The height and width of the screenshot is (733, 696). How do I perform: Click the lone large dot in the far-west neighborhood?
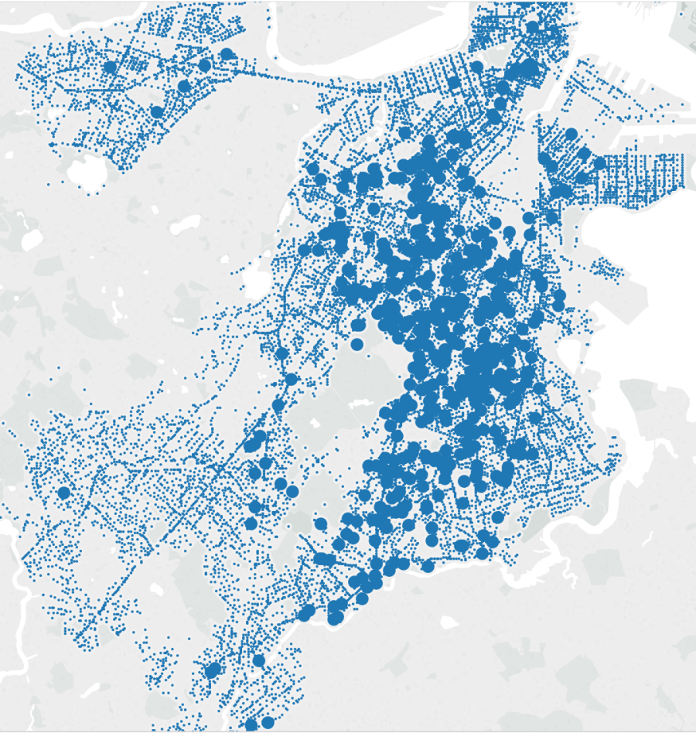click(x=63, y=493)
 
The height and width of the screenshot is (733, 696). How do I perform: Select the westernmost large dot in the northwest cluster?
click(x=109, y=67)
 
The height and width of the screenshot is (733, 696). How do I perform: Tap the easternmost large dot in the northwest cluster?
click(x=227, y=54)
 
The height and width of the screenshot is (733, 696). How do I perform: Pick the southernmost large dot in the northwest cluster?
click(x=157, y=112)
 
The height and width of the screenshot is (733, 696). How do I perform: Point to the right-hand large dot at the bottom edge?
click(x=268, y=722)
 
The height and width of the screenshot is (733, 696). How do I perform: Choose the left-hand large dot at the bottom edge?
click(x=251, y=724)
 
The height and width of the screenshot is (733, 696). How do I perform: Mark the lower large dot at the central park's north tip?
click(x=357, y=344)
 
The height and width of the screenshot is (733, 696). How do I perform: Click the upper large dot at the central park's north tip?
click(x=357, y=325)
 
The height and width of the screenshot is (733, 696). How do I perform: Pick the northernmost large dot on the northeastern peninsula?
click(x=571, y=134)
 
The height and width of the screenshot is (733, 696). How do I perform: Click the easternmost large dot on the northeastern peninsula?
click(x=599, y=164)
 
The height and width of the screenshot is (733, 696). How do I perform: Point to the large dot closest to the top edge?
click(x=532, y=28)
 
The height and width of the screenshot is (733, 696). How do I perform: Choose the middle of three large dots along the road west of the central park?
click(x=291, y=379)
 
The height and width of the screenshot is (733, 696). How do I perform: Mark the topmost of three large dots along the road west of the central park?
click(x=282, y=354)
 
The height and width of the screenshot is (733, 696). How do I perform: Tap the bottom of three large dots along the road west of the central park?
click(x=278, y=405)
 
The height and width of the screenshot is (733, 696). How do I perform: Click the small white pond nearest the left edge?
click(x=32, y=240)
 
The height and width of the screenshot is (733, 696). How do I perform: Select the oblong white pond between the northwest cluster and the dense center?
click(x=185, y=225)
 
